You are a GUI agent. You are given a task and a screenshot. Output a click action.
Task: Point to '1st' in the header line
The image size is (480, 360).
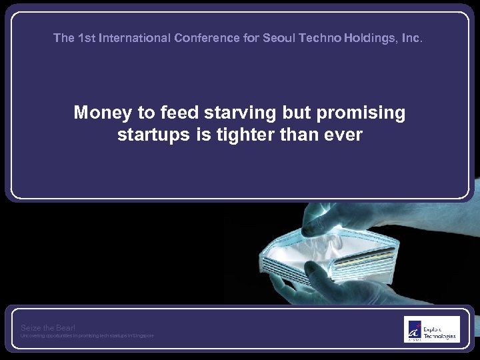click(x=87, y=38)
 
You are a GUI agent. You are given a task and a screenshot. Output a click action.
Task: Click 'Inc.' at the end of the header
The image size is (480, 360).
click(x=412, y=38)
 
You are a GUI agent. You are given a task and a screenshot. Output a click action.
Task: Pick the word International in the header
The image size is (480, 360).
click(x=135, y=38)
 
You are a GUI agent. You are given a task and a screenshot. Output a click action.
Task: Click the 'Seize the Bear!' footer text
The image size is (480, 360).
click(x=48, y=327)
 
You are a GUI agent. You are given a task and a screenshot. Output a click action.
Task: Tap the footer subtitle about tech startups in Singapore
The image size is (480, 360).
click(x=87, y=335)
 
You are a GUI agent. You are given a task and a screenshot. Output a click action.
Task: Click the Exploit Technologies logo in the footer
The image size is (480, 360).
click(x=431, y=329)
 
